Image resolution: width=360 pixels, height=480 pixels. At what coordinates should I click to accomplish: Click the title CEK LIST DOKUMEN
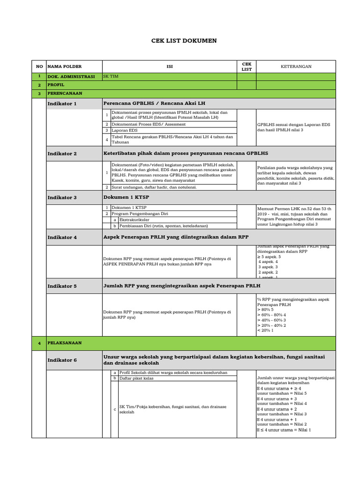[x=184, y=41]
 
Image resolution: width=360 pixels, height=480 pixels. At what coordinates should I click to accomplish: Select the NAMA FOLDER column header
[x=64, y=67]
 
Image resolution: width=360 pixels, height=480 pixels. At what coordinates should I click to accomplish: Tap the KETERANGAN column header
[x=296, y=67]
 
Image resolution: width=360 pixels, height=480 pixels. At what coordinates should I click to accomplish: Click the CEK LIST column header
[x=246, y=67]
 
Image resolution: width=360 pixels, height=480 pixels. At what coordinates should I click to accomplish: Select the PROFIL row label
[x=56, y=85]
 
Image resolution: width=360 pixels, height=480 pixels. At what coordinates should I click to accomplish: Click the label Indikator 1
[x=62, y=104]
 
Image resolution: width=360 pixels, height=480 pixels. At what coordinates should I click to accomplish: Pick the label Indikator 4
[x=62, y=237]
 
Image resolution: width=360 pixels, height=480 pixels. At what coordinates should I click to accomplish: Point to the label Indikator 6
[x=62, y=360]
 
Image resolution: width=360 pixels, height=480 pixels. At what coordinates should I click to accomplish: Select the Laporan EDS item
[x=124, y=130]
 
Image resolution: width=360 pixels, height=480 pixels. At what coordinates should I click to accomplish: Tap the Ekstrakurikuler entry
[x=135, y=219]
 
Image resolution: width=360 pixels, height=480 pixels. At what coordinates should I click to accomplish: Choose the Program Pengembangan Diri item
[x=139, y=213]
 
